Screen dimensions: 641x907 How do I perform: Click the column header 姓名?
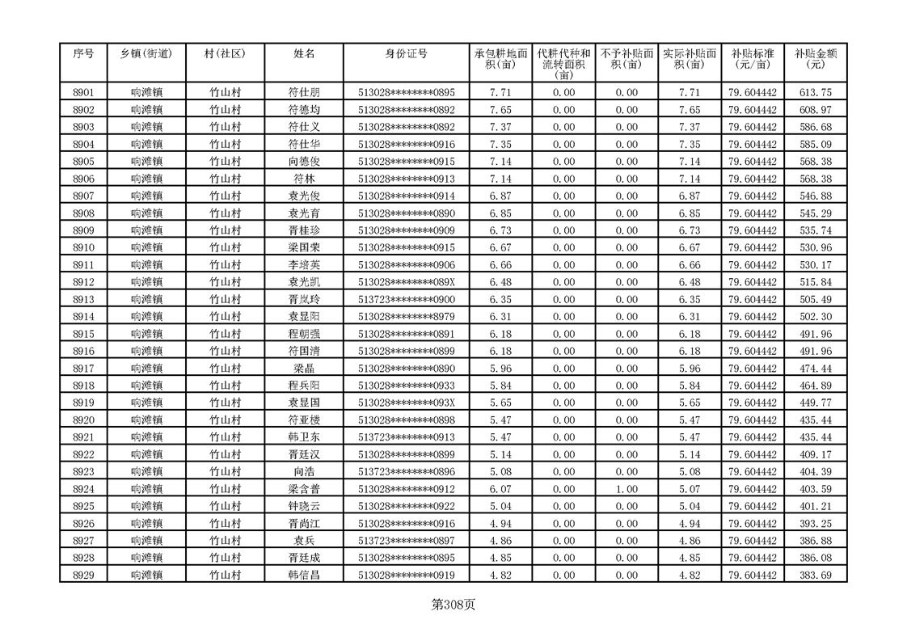pyautogui.click(x=304, y=53)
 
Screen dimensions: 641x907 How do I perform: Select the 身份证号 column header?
pyautogui.click(x=406, y=53)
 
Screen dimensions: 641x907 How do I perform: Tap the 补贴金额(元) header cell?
pyautogui.click(x=815, y=58)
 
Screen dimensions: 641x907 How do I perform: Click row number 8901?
pyautogui.click(x=83, y=93)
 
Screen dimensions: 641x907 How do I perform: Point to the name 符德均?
pyautogui.click(x=304, y=110)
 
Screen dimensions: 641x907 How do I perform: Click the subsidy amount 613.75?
pyautogui.click(x=815, y=93)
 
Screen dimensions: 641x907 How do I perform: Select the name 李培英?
pyautogui.click(x=304, y=265)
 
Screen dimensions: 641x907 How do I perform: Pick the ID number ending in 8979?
pyautogui.click(x=406, y=317)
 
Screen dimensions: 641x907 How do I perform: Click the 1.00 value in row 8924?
pyautogui.click(x=626, y=489)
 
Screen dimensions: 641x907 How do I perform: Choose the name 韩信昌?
pyautogui.click(x=304, y=576)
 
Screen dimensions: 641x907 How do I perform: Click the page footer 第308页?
pyautogui.click(x=453, y=605)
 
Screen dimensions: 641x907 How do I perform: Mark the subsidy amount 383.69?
pyautogui.click(x=815, y=576)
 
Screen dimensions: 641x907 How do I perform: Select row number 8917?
pyautogui.click(x=83, y=369)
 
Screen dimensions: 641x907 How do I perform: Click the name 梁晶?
pyautogui.click(x=304, y=369)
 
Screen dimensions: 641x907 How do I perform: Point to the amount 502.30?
pyautogui.click(x=815, y=317)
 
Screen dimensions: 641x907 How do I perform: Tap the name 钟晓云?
pyautogui.click(x=304, y=506)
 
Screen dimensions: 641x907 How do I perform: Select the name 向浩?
pyautogui.click(x=304, y=472)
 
